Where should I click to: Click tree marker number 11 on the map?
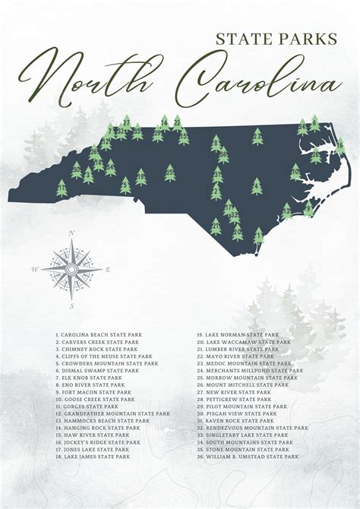click(x=62, y=188)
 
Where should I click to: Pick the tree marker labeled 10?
click(x=295, y=172)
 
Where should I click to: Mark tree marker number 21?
click(x=216, y=226)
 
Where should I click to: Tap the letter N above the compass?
click(x=71, y=233)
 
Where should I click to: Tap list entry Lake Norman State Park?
click(x=242, y=334)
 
